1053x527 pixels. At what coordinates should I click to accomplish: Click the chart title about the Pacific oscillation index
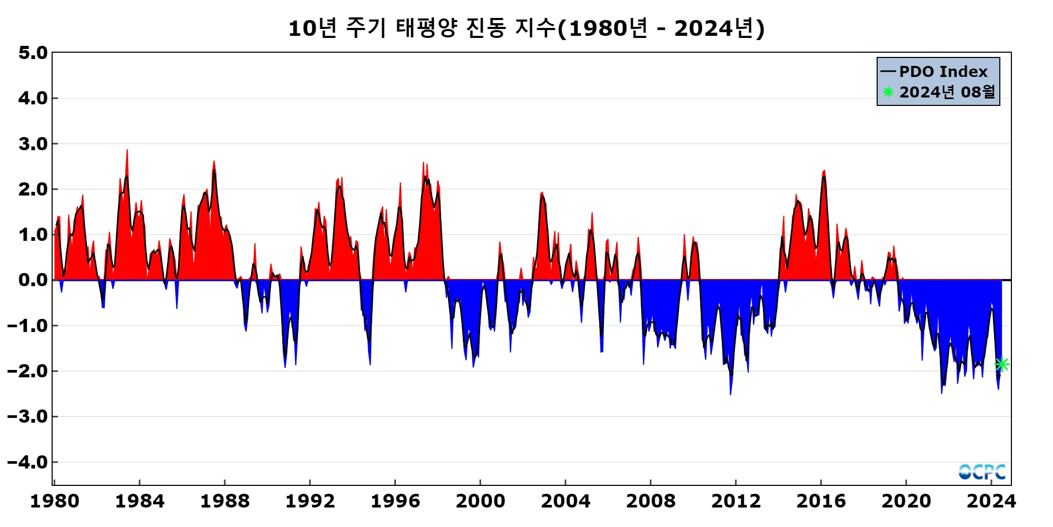[x=526, y=28]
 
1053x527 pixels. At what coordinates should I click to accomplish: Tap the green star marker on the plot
[x=1001, y=364]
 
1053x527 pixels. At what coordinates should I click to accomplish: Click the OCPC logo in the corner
[x=982, y=472]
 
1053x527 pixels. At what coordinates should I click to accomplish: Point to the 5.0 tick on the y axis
[x=33, y=53]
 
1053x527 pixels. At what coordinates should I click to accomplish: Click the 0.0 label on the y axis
[x=33, y=280]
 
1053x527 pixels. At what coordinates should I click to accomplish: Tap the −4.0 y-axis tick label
[x=27, y=462]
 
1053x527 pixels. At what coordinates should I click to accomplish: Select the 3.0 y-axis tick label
[x=33, y=144]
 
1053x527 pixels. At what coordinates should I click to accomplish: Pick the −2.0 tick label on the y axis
[x=27, y=371]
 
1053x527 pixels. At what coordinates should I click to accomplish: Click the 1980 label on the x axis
[x=55, y=501]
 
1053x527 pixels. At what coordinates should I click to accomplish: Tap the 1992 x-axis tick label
[x=310, y=501]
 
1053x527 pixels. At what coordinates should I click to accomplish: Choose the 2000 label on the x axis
[x=480, y=501]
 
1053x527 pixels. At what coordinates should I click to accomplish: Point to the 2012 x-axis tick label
[x=736, y=501]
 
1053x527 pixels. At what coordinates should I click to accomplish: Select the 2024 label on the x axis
[x=991, y=501]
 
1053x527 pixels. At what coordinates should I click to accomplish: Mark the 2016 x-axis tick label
[x=821, y=501]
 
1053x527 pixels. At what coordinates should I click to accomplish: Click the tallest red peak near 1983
[x=127, y=151]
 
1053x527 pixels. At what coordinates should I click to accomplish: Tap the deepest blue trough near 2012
[x=730, y=393]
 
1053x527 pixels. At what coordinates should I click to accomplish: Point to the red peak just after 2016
[x=824, y=171]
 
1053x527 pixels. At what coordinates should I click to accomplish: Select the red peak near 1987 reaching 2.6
[x=214, y=162]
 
